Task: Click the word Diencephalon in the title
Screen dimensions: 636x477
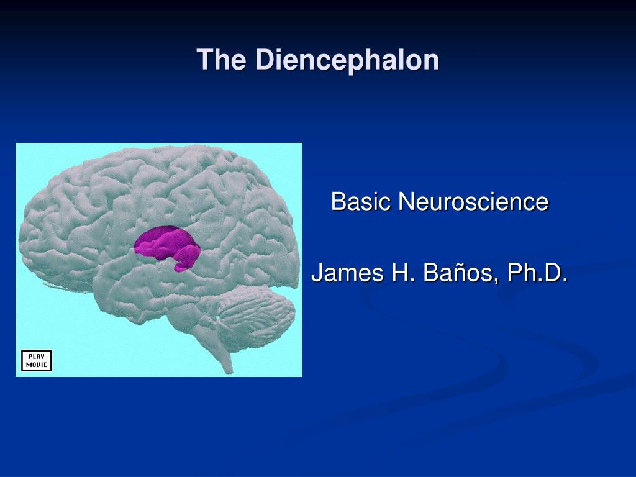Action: tap(347, 60)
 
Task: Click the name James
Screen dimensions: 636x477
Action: tap(347, 272)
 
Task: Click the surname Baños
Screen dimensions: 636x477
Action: tap(460, 272)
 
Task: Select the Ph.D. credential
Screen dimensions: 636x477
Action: tap(537, 272)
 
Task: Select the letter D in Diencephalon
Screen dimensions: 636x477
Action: tap(265, 60)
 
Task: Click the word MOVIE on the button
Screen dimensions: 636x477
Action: tap(37, 365)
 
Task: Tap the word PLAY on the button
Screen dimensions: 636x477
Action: tap(37, 357)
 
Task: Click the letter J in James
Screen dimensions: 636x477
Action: tap(317, 272)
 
